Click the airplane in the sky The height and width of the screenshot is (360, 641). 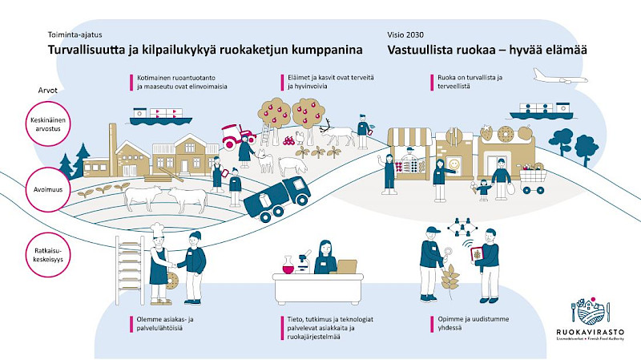(x=560, y=77)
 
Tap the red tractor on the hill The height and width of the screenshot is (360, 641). (x=238, y=136)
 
